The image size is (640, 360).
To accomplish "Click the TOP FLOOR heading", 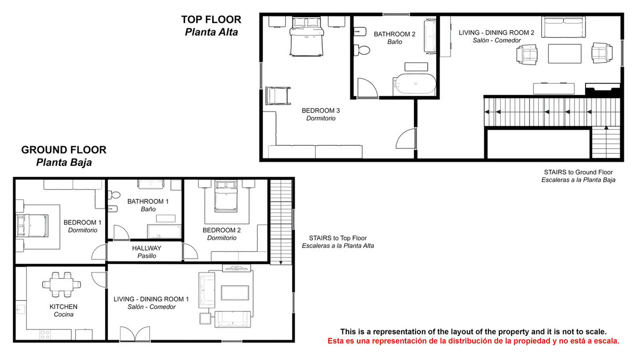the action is coord(211,19).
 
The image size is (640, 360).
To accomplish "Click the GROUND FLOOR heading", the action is coord(63,150).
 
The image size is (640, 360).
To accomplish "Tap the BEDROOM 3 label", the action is coord(321,110).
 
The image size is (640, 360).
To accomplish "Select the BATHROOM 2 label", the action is coord(395,34).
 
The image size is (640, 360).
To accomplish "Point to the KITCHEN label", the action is coord(63,307).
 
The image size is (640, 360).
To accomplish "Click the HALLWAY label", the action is coord(147,248).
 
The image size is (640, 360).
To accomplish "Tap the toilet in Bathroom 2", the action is coord(362,50).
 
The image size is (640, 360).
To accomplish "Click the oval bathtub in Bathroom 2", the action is coord(414,84).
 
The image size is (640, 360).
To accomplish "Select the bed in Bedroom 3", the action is coord(307,36).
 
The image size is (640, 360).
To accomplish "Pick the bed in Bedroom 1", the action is coord(32,226).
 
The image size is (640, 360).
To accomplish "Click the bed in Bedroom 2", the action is coord(226,196).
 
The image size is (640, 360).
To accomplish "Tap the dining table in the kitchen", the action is coord(61,285).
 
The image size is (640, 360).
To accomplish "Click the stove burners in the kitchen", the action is coord(45,334).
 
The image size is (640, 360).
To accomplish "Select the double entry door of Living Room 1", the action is coord(135,334).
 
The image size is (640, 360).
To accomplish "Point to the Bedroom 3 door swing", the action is coord(406,138).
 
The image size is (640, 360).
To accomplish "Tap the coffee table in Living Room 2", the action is coord(565,54).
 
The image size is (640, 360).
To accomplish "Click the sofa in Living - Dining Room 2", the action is coord(563,27).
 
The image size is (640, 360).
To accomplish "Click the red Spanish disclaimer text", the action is coord(474,341).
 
